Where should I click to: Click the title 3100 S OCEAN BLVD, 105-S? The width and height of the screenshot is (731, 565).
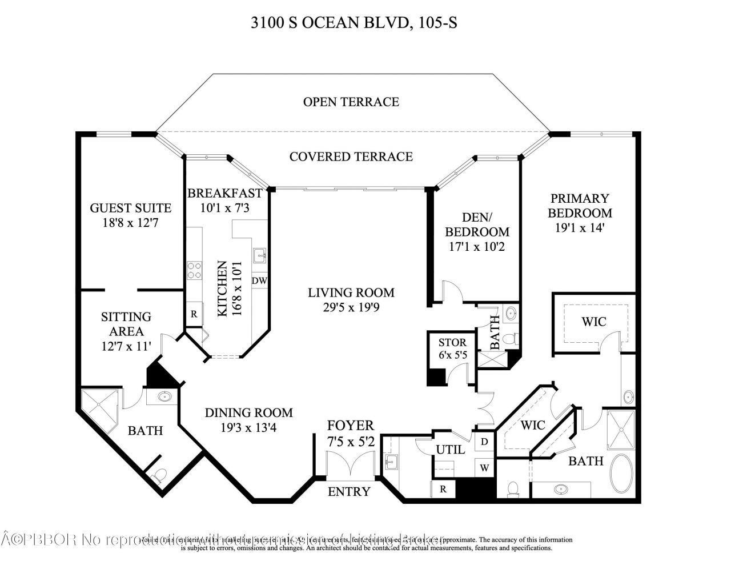pyautogui.click(x=354, y=23)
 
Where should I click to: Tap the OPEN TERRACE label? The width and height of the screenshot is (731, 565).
pyautogui.click(x=351, y=102)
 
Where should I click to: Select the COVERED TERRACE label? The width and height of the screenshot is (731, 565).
pyautogui.click(x=351, y=156)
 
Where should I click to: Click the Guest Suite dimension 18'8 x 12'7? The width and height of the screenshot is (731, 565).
pyautogui.click(x=131, y=223)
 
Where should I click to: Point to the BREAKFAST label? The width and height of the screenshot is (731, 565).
pyautogui.click(x=224, y=193)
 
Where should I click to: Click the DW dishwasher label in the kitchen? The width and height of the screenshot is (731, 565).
pyautogui.click(x=259, y=281)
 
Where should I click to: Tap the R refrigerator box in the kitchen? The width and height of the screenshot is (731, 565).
pyautogui.click(x=194, y=314)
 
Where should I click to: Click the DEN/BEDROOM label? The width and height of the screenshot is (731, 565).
pyautogui.click(x=477, y=225)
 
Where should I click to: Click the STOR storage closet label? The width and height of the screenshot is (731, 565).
pyautogui.click(x=452, y=343)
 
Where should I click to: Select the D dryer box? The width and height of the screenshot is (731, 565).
pyautogui.click(x=484, y=442)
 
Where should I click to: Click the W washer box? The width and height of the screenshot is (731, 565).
pyautogui.click(x=484, y=468)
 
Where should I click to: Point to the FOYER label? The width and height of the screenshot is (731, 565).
pyautogui.click(x=350, y=425)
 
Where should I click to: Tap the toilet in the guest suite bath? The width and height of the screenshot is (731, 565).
pyautogui.click(x=159, y=475)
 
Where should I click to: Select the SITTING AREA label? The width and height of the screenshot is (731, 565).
pyautogui.click(x=126, y=324)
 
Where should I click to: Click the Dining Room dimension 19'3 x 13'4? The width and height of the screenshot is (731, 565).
pyautogui.click(x=248, y=426)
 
